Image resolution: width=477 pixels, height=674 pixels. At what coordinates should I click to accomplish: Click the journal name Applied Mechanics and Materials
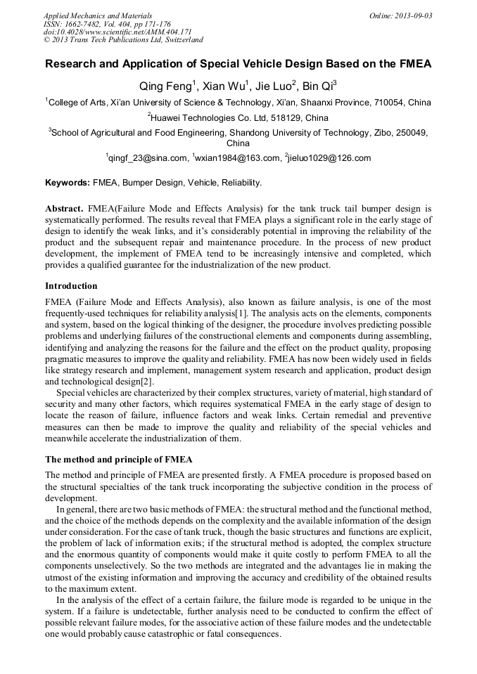pyautogui.click(x=97, y=15)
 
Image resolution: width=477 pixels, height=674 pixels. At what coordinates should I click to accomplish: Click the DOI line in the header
pyautogui.click(x=117, y=32)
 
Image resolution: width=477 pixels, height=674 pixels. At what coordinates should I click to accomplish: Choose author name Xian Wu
pyautogui.click(x=224, y=87)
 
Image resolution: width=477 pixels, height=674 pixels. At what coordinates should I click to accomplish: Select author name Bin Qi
pyautogui.click(x=317, y=87)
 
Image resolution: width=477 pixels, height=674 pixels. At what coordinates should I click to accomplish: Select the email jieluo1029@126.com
pyautogui.click(x=329, y=158)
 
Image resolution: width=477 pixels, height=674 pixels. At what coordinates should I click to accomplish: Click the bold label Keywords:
pyautogui.click(x=68, y=183)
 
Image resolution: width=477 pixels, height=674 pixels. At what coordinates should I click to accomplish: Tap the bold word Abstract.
pyautogui.click(x=64, y=209)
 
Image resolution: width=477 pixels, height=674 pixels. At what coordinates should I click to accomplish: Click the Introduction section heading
pyautogui.click(x=71, y=286)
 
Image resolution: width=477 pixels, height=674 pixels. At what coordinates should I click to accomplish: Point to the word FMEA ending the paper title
pyautogui.click(x=411, y=64)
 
